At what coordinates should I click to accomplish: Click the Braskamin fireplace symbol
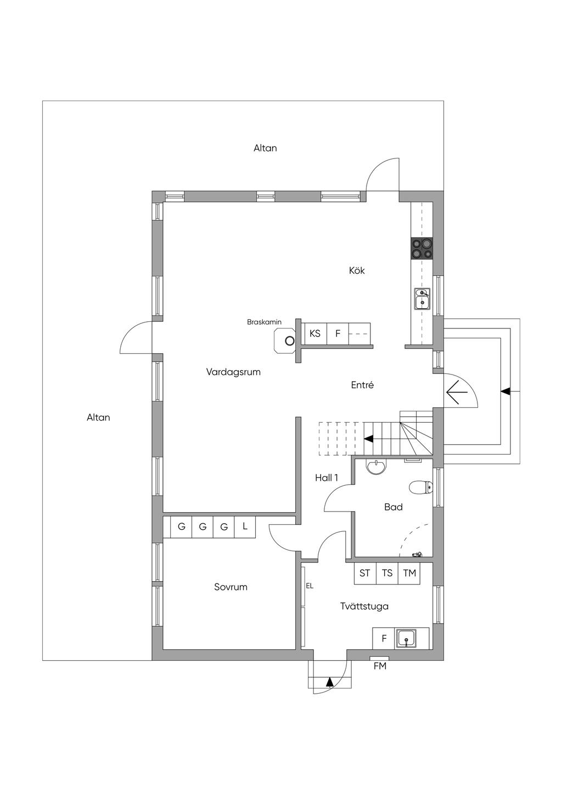(x=285, y=341)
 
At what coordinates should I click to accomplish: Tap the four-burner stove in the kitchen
(x=422, y=248)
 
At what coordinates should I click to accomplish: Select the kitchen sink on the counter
(x=422, y=298)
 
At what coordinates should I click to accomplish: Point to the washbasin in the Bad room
(x=376, y=467)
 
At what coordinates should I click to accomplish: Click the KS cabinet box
(x=316, y=333)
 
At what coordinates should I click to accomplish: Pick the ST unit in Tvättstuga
(x=365, y=574)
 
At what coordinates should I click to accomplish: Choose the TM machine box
(x=409, y=574)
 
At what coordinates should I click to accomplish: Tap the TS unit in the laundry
(x=387, y=574)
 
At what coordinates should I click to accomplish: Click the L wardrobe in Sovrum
(x=245, y=527)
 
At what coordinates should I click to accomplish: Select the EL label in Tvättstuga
(x=310, y=586)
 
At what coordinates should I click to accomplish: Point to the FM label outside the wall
(x=380, y=666)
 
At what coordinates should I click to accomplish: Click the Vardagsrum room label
(x=233, y=372)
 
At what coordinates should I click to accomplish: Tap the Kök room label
(x=357, y=271)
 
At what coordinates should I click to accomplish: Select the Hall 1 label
(x=327, y=478)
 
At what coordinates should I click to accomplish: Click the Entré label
(x=362, y=385)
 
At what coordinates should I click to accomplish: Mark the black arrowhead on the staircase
(x=369, y=439)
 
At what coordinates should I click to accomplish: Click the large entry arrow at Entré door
(x=458, y=392)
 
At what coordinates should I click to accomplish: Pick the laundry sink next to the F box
(x=406, y=638)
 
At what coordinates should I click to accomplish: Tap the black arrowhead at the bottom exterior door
(x=330, y=682)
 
